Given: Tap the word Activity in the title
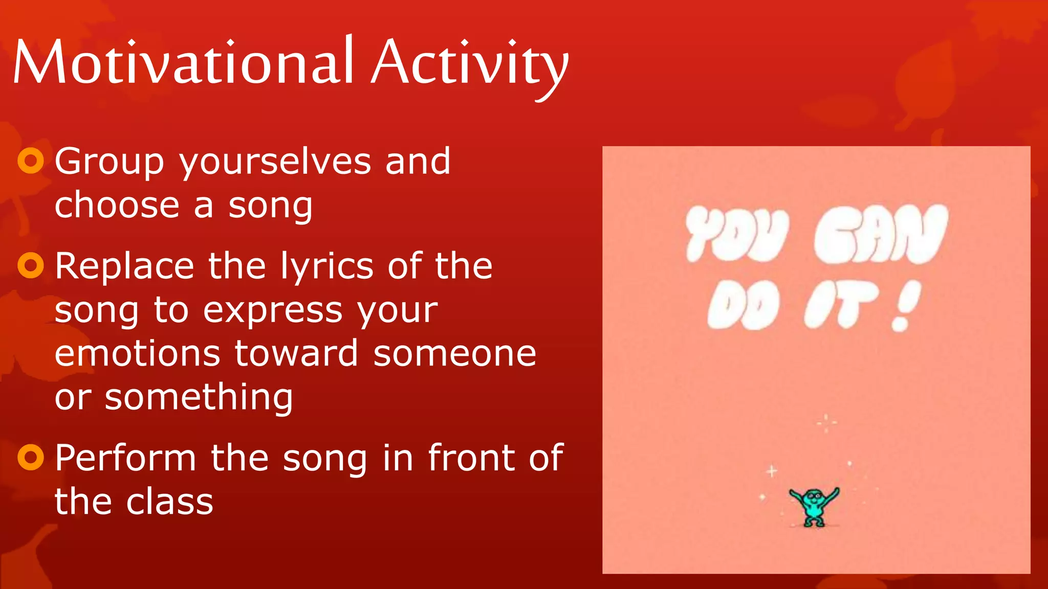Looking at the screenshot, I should pyautogui.click(x=469, y=64).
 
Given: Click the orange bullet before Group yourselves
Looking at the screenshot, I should pyautogui.click(x=31, y=161).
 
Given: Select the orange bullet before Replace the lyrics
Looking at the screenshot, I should pyautogui.click(x=31, y=265).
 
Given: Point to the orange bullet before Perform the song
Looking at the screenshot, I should pyautogui.click(x=31, y=457).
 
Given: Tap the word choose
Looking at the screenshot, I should pyautogui.click(x=117, y=206).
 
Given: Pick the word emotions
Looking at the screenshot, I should pyautogui.click(x=137, y=354).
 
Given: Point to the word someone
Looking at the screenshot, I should pyautogui.click(x=454, y=354).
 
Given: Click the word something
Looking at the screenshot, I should pyautogui.click(x=199, y=398).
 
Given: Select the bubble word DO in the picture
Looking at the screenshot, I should pyautogui.click(x=744, y=306).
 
